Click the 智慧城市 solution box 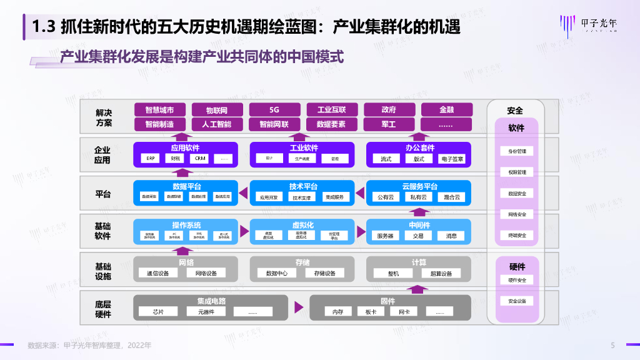pyautogui.click(x=160, y=109)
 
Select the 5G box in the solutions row pyautogui.click(x=274, y=109)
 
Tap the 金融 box pyautogui.click(x=446, y=109)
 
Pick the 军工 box pyautogui.click(x=389, y=124)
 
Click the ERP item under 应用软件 pyautogui.click(x=151, y=159)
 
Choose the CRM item pyautogui.click(x=200, y=159)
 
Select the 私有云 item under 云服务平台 pyautogui.click(x=419, y=197)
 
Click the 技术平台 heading pyautogui.click(x=303, y=186)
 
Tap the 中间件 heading pyautogui.click(x=419, y=225)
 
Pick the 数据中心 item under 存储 pyautogui.click(x=276, y=273)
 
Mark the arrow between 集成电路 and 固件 pyautogui.click(x=299, y=306)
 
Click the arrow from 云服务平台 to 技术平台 pyautogui.click(x=361, y=192)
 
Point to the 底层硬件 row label pyautogui.click(x=103, y=309)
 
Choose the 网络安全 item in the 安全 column pyautogui.click(x=517, y=214)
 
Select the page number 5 pyautogui.click(x=613, y=345)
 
